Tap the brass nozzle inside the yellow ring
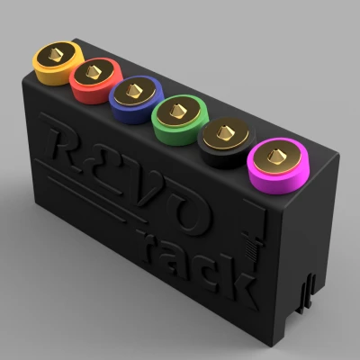click(55, 57)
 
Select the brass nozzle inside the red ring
click(94, 70)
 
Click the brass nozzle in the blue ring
click(136, 91)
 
